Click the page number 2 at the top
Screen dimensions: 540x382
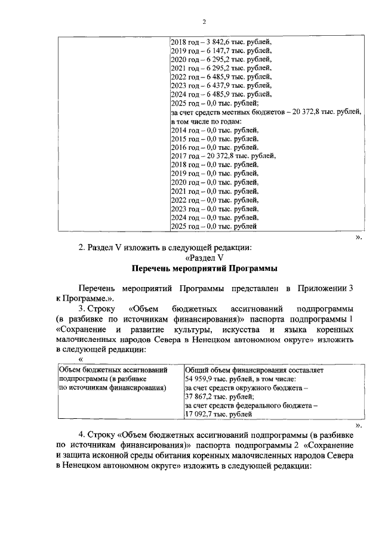pyautogui.click(x=204, y=22)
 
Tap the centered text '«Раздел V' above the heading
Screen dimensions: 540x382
pyautogui.click(x=204, y=258)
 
